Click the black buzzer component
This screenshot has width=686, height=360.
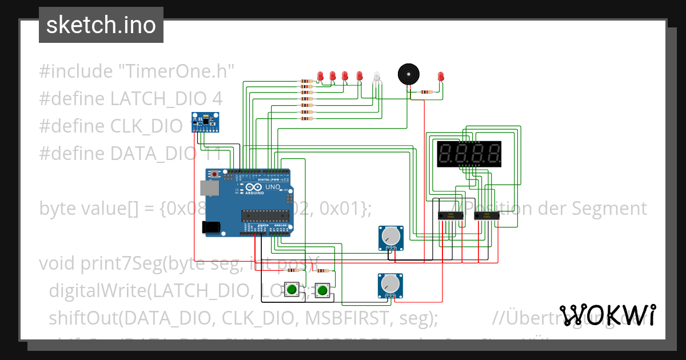tap(408, 74)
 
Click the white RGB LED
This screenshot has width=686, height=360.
tap(376, 77)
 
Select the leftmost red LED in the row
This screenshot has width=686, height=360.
tap(321, 75)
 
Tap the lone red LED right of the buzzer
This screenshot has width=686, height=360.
tap(440, 76)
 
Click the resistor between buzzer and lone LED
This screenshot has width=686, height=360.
tap(426, 91)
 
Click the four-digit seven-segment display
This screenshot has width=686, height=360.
tap(469, 154)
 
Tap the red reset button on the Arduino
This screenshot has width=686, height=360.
tap(215, 174)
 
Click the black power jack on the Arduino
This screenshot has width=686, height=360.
tap(210, 227)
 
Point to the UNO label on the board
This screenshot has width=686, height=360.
tap(273, 187)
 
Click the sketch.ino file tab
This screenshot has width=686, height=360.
tap(101, 25)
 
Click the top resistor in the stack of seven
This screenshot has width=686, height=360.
tap(306, 81)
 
